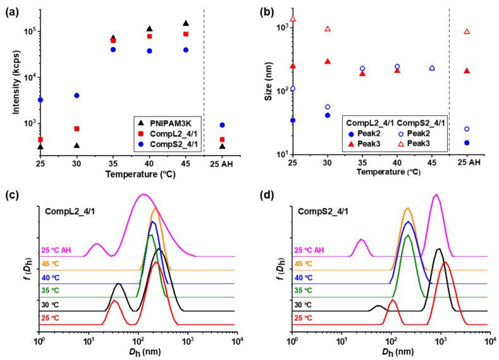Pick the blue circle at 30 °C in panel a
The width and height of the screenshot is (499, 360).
[77, 96]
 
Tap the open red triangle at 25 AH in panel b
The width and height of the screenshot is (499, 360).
[467, 32]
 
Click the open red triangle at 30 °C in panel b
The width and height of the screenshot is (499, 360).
[327, 29]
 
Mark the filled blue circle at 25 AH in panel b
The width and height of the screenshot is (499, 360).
[467, 143]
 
